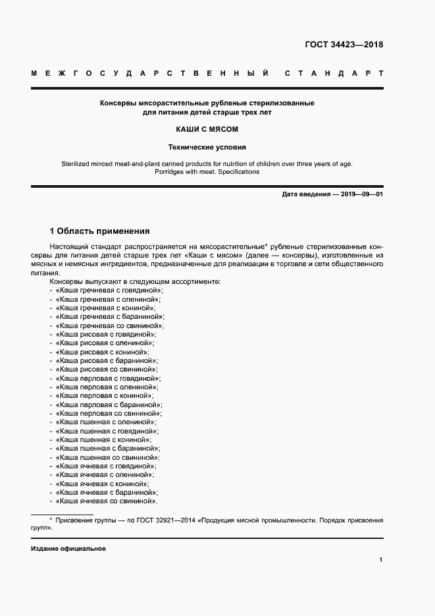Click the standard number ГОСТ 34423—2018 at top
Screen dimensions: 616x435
[x=344, y=45]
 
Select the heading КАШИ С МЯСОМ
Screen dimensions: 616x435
[x=207, y=130]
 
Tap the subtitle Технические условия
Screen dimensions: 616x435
[x=207, y=148]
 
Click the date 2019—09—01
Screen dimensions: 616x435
[x=362, y=195]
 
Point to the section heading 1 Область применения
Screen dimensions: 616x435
[x=100, y=231]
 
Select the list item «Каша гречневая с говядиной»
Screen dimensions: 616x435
[x=109, y=290]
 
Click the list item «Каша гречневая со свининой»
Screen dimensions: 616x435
[x=111, y=325]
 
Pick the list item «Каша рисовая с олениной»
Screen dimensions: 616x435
[x=105, y=343]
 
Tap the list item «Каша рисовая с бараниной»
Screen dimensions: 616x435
[x=107, y=361]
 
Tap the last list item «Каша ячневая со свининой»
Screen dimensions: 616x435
[x=107, y=501]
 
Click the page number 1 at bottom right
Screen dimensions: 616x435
[x=381, y=559]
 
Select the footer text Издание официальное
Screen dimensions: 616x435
[x=68, y=548]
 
